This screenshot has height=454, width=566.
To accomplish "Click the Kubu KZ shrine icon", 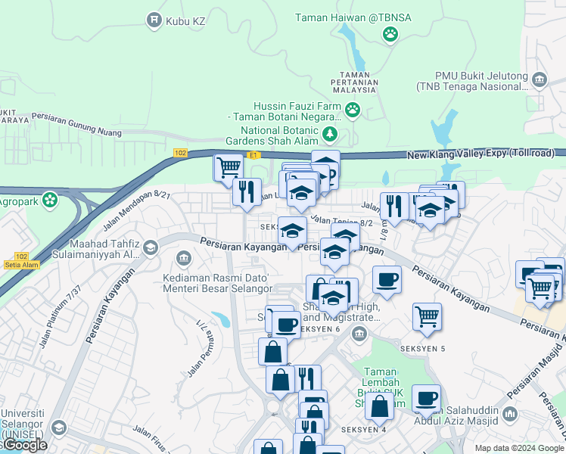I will (x=154, y=20).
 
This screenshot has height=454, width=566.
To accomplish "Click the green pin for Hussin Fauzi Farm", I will (x=353, y=111).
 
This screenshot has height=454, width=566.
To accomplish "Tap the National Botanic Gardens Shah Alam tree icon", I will (x=330, y=135).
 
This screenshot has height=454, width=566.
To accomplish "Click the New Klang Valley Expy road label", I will (x=480, y=154).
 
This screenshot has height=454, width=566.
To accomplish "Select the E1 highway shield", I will (x=254, y=155).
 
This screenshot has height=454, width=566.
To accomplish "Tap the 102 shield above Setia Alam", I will (x=21, y=257).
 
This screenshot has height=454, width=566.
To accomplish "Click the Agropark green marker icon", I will (x=50, y=201).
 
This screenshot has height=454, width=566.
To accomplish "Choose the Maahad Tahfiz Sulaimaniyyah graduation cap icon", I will (x=151, y=248).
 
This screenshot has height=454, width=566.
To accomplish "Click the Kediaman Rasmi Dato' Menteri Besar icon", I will (x=182, y=260).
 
